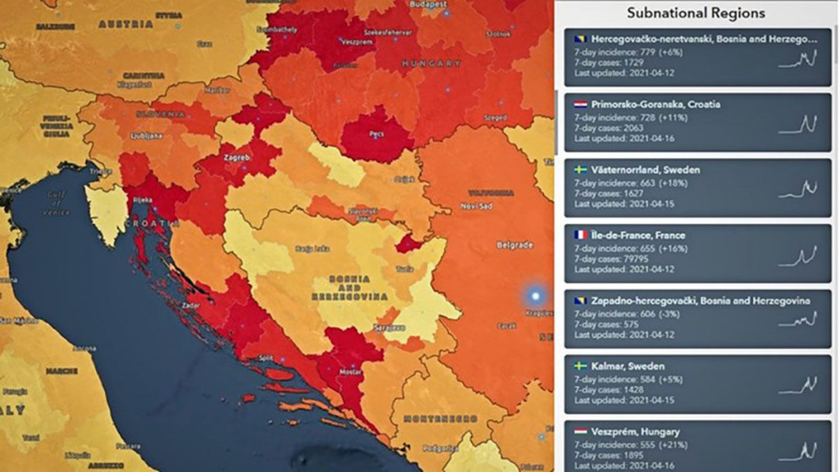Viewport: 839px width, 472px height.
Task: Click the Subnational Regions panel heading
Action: coord(696,13)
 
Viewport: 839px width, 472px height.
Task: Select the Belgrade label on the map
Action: coord(515,244)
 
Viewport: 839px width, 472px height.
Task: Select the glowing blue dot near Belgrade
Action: coord(536,296)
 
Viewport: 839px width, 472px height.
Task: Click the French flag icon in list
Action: coord(580,235)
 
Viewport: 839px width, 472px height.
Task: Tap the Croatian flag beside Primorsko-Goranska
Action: coord(580,105)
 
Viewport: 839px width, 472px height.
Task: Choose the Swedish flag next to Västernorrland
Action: coord(580,170)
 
